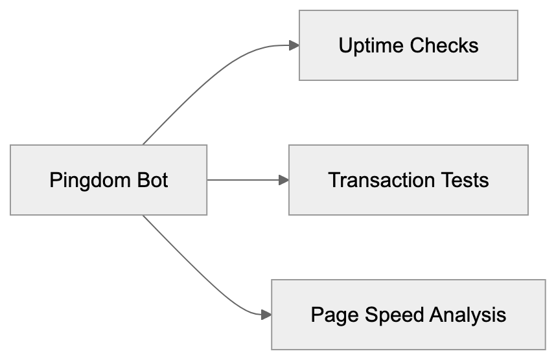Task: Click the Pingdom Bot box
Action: tap(108, 180)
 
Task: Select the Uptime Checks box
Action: tap(408, 45)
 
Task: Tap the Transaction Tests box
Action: tap(408, 180)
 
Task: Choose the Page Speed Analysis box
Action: tap(408, 315)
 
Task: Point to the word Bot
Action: tap(151, 180)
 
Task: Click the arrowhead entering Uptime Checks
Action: tap(294, 45)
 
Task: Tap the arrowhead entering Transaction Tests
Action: tap(283, 180)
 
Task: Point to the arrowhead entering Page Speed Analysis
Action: tap(266, 315)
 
